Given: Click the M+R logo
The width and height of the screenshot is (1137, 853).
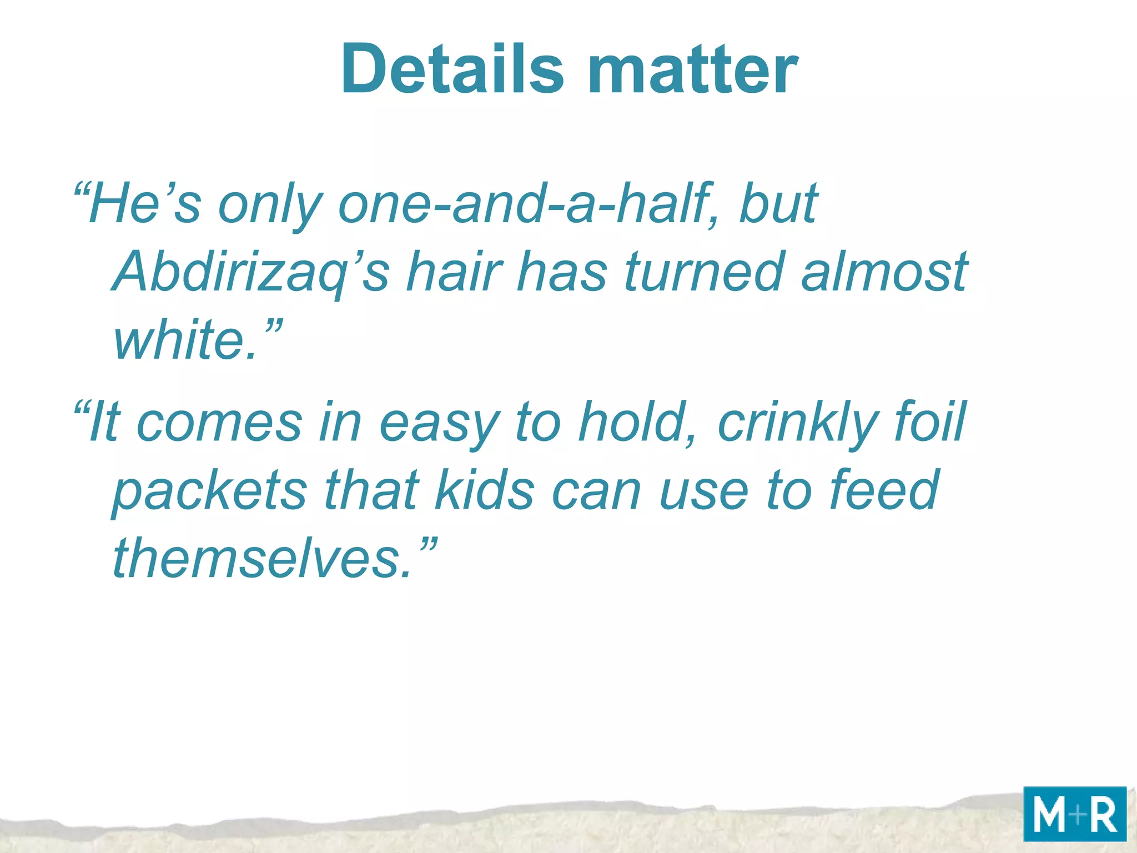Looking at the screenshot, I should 1074,814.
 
